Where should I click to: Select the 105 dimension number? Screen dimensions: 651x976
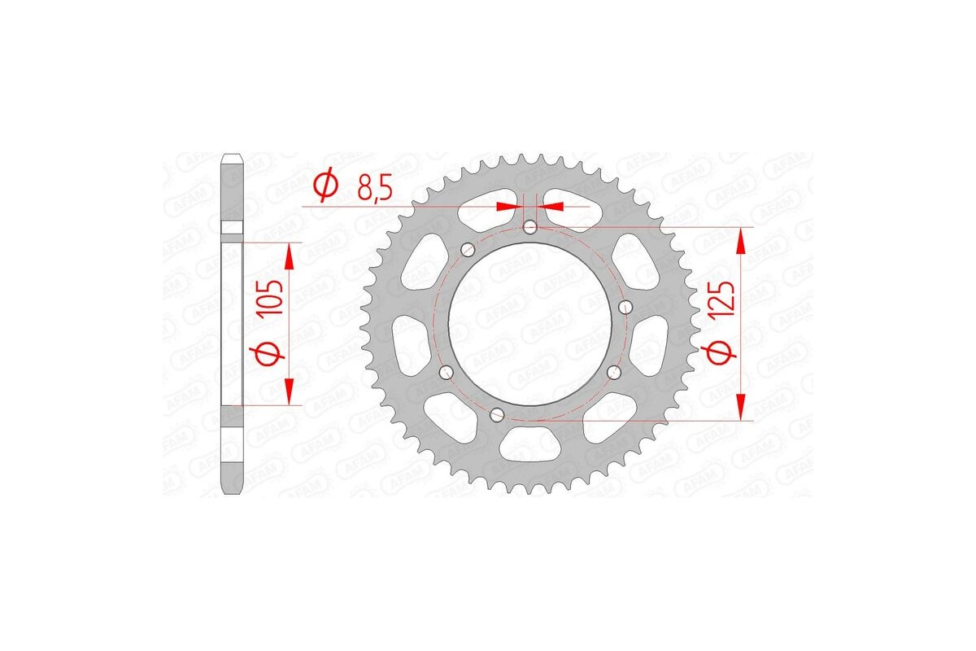(274, 297)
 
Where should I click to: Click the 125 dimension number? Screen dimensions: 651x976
(725, 299)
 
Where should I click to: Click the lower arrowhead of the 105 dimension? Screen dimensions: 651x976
(289, 391)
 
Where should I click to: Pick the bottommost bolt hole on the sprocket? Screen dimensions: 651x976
(497, 415)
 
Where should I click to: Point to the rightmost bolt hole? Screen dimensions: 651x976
(626, 307)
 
